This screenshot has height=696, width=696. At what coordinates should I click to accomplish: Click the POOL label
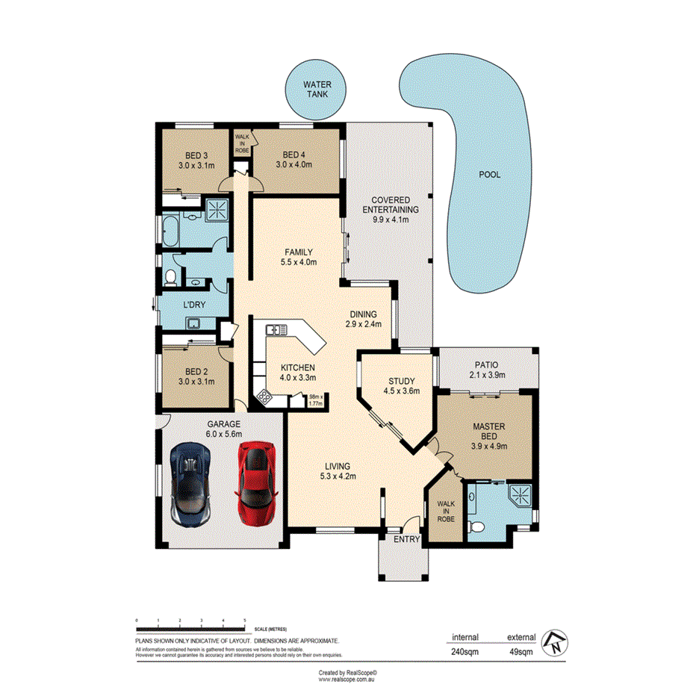[489, 175]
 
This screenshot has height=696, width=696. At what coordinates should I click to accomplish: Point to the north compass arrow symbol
[554, 641]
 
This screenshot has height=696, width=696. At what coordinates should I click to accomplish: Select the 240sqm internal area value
[463, 651]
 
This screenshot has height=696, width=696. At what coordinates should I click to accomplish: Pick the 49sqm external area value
[521, 651]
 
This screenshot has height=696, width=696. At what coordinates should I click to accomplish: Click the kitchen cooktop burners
[264, 397]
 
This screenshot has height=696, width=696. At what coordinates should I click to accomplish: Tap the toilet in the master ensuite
[478, 526]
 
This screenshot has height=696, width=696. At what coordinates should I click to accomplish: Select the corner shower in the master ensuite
[520, 496]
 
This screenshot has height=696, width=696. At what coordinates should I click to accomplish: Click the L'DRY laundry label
[194, 305]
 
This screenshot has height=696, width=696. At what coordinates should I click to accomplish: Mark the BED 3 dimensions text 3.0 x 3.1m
[196, 165]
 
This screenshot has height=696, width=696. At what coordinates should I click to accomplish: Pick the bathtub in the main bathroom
[169, 232]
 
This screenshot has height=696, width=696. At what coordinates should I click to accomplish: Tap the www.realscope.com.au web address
[347, 679]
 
